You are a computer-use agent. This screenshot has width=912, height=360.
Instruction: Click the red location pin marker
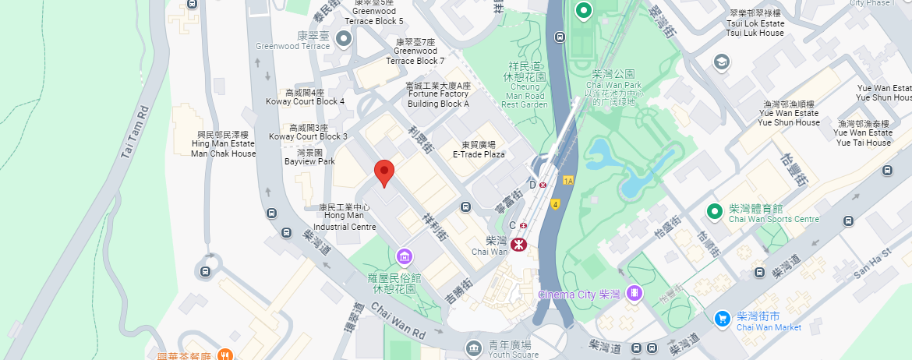coord(384,172)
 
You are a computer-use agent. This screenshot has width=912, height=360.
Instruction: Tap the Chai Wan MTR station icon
coord(518,245)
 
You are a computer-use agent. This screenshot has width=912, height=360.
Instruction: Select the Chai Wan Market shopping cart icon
coord(723,318)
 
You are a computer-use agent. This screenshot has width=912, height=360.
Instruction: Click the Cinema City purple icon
coord(636,294)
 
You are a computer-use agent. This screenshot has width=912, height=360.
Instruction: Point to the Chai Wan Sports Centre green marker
coord(713,211)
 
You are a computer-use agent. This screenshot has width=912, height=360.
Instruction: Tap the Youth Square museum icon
coord(472,347)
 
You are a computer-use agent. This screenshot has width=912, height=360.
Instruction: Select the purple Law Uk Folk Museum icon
coord(404,256)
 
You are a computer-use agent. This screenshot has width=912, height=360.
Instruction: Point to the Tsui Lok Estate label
coord(755,23)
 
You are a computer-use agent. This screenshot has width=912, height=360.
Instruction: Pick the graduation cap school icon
coord(721,62)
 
